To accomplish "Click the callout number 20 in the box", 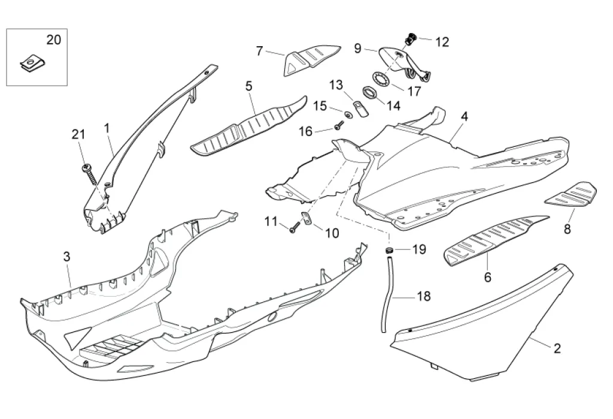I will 54,40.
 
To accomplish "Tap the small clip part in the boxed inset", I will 28,62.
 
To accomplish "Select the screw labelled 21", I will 90,171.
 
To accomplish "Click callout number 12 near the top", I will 442,42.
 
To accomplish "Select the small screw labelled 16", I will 339,125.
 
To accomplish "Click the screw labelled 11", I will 294,228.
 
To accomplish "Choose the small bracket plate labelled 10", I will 306,221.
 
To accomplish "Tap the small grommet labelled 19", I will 389,249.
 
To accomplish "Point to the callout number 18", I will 423,296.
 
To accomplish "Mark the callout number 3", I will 67,257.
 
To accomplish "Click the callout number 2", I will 557,348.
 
